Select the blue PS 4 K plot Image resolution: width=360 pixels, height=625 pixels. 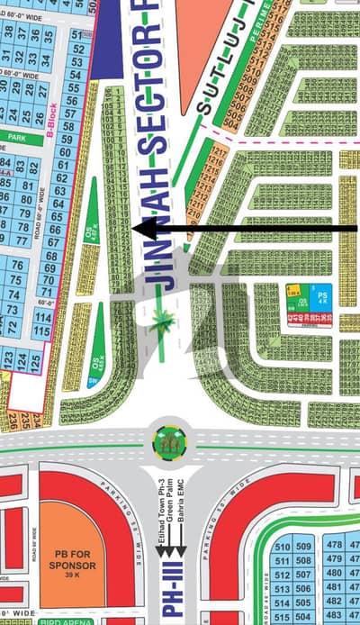tap(323, 294)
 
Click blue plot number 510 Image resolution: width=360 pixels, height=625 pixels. tap(282, 546)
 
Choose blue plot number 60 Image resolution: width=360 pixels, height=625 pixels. tap(62, 151)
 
